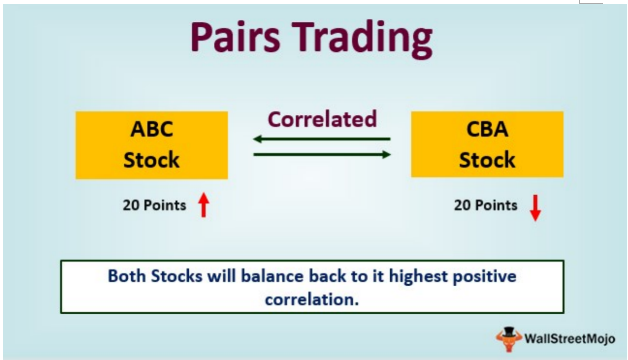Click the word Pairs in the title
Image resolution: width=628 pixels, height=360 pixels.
(x=235, y=37)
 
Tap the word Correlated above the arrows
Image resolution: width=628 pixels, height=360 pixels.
(x=322, y=120)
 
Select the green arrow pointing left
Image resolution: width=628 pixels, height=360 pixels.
(x=322, y=139)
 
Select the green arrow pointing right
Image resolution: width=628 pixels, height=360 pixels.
(x=322, y=154)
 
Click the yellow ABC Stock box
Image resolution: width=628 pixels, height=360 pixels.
(x=152, y=145)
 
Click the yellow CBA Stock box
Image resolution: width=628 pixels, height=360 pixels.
(x=487, y=144)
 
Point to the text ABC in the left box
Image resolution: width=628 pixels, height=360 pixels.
(x=152, y=129)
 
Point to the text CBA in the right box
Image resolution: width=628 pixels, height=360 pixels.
(x=487, y=129)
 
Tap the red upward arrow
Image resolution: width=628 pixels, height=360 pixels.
(x=204, y=205)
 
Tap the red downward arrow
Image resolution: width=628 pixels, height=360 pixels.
(x=536, y=208)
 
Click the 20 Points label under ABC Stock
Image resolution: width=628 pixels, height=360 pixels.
(x=154, y=205)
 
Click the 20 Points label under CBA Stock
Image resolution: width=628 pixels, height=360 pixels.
(x=486, y=205)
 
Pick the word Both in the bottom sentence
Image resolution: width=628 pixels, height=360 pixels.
(x=127, y=276)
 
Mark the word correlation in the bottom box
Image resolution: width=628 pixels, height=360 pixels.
(x=312, y=300)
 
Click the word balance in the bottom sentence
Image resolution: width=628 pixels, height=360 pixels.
(x=272, y=276)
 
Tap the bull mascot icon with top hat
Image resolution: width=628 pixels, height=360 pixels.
(x=508, y=339)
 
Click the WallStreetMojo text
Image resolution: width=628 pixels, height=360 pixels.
(x=570, y=339)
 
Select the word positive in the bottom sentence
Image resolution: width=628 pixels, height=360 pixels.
(x=485, y=277)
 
